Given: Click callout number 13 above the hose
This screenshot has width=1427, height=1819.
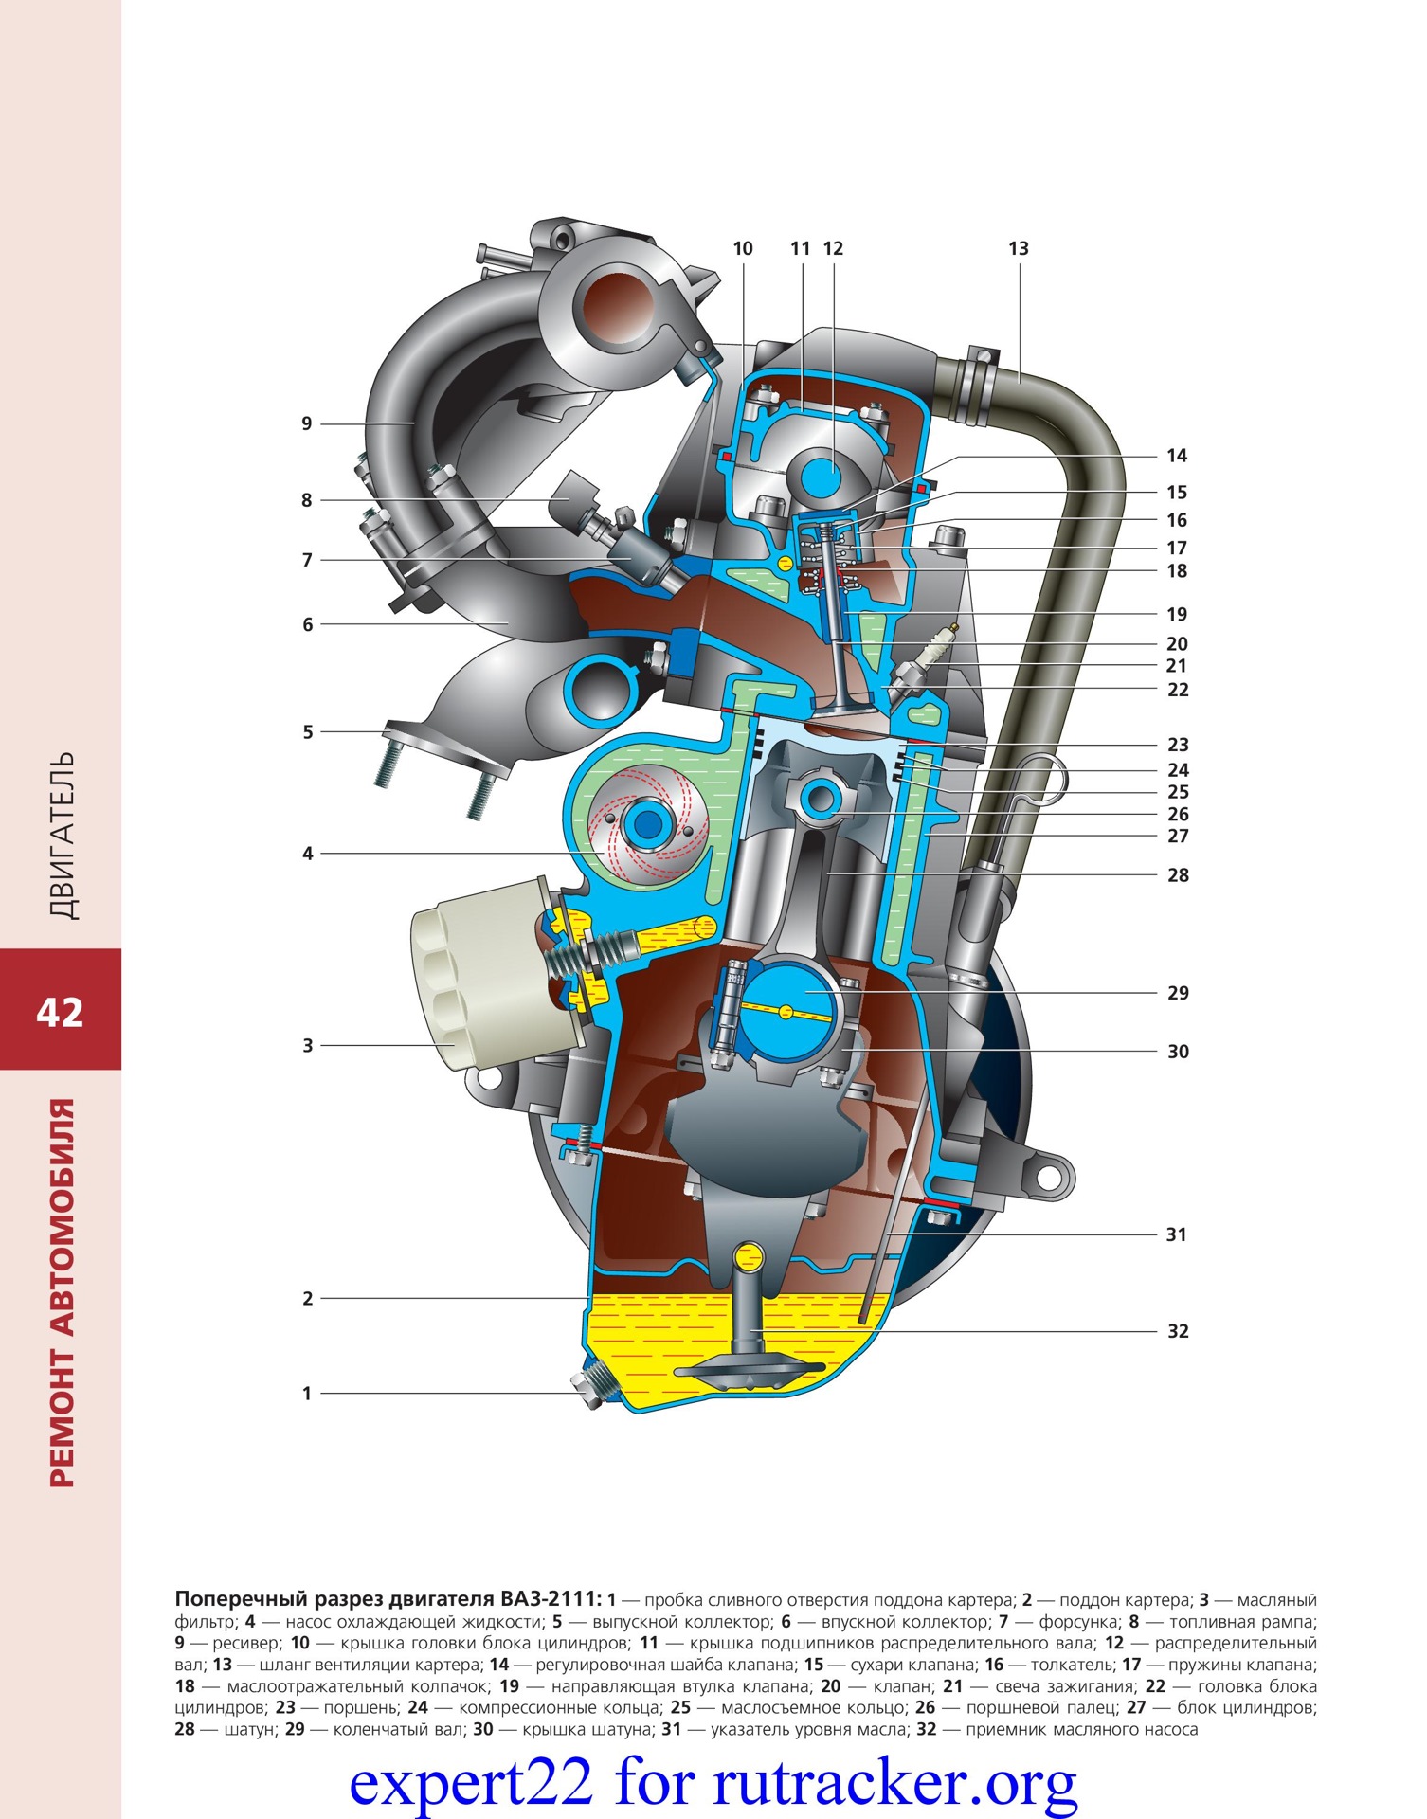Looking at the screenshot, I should point(1018,248).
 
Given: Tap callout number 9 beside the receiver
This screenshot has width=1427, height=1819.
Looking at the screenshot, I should point(307,423).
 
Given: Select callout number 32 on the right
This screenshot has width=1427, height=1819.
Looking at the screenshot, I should point(1177,1331).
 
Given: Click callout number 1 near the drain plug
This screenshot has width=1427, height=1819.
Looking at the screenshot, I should point(307,1394).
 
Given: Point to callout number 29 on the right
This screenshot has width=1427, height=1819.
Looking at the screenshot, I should point(1177,993).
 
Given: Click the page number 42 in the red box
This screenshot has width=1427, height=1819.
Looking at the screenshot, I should point(60,1013).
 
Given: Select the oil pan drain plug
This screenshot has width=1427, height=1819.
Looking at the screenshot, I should point(591,1387).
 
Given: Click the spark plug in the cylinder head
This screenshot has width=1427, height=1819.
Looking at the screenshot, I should point(933,654).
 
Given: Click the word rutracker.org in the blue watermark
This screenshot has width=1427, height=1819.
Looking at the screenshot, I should point(894,1782).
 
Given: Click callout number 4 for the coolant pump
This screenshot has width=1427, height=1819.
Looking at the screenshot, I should point(307,854).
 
